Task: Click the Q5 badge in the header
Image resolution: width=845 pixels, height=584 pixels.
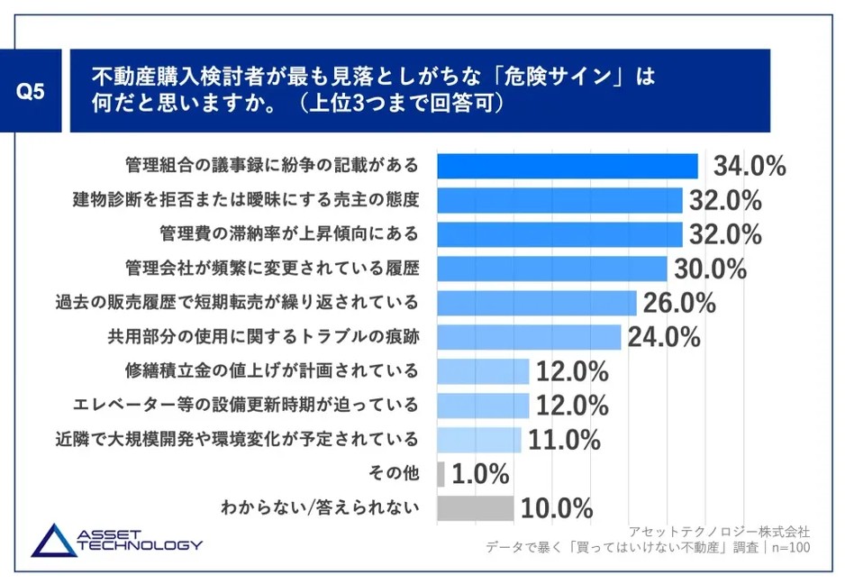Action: point(36,91)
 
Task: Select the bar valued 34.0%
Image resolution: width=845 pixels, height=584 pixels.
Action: point(567,166)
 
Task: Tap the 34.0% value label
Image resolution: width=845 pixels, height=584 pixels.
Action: point(750,167)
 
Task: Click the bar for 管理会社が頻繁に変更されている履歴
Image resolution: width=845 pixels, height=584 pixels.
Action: point(551,269)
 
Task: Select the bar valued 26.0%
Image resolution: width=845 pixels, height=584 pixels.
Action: point(536,303)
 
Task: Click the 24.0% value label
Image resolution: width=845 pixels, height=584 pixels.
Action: point(664,337)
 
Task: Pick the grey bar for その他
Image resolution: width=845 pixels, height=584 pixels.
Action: point(441,474)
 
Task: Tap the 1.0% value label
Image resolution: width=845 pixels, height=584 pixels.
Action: point(480,474)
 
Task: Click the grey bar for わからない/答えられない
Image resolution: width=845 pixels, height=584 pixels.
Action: point(475,508)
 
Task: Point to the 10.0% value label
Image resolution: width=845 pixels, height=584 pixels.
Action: point(556,508)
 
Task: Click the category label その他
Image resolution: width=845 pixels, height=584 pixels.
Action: point(395,474)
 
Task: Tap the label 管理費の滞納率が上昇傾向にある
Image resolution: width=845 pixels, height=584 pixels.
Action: point(283,234)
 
